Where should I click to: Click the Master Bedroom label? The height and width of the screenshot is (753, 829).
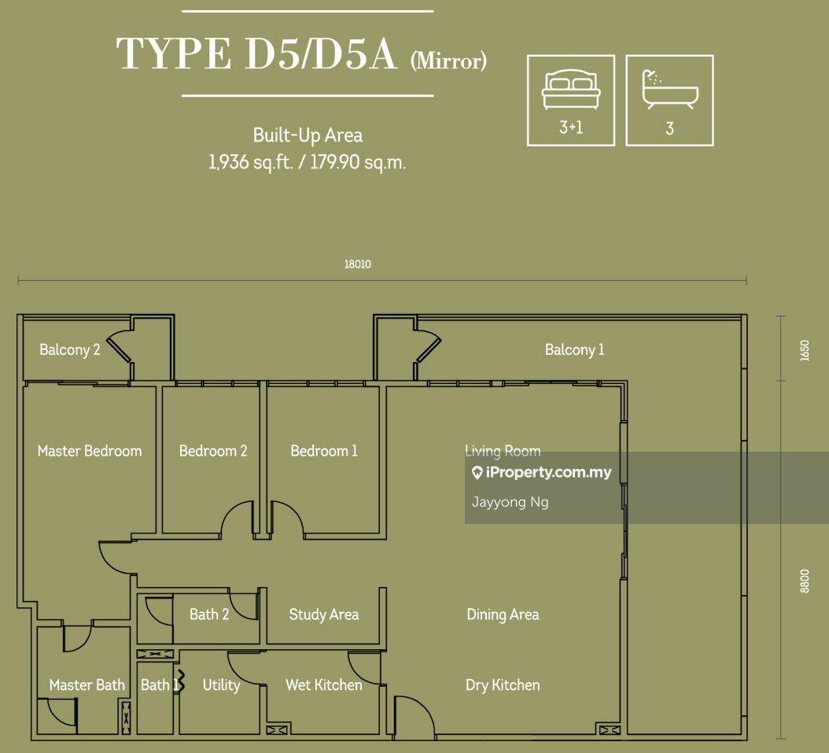90,451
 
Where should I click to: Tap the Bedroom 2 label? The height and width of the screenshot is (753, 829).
213,451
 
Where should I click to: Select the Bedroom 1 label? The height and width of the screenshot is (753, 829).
324,451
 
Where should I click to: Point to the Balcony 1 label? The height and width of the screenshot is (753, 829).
575,349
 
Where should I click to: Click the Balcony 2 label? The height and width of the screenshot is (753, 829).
70,349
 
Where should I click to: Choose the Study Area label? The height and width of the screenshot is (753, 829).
324,615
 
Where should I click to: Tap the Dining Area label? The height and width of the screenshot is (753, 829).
503,615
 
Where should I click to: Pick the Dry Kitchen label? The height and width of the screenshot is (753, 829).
503,685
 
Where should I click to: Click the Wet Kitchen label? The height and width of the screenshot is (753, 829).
324,685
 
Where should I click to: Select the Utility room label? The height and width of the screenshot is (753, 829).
221,685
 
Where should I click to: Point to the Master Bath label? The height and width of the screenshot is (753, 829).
87,685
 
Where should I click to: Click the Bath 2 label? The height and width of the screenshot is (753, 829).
209,615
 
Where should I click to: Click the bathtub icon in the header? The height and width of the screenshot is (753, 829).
669,88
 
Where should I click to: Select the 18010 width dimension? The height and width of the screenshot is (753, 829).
357,265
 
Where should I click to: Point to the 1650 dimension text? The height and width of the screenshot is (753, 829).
804,350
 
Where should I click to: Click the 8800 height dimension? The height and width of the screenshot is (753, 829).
804,581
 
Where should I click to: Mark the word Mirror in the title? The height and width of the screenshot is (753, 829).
448,61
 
